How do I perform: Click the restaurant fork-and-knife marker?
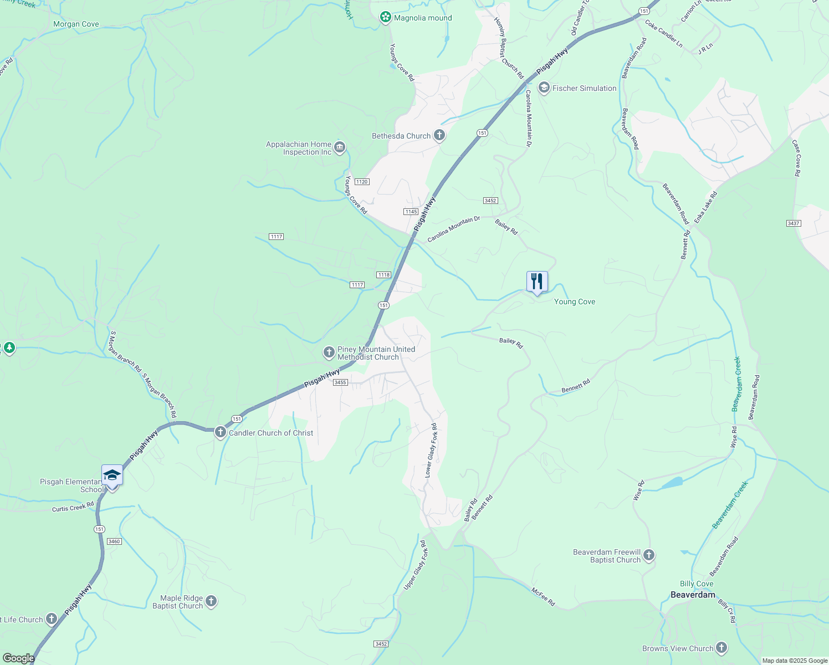point(536,282)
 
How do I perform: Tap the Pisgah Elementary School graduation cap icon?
point(112,475)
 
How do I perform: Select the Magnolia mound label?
point(423,18)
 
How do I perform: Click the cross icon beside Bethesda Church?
point(439,135)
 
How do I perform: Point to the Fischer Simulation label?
point(584,88)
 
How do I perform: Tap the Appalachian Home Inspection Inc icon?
point(340,147)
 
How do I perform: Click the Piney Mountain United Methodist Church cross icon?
point(329,352)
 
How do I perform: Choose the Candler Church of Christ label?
point(271,433)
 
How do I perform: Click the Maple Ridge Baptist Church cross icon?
point(211,601)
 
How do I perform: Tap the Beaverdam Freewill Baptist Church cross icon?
point(649,555)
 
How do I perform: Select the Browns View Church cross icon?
point(721,647)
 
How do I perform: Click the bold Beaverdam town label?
point(693,595)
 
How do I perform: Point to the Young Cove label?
point(575,301)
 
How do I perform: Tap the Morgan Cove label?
point(76,24)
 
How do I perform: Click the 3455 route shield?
point(340,382)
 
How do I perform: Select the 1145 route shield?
point(411,212)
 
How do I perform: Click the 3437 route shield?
point(793,223)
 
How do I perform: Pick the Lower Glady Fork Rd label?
point(431,451)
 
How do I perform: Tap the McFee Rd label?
point(543,597)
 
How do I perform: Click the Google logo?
point(18,658)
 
